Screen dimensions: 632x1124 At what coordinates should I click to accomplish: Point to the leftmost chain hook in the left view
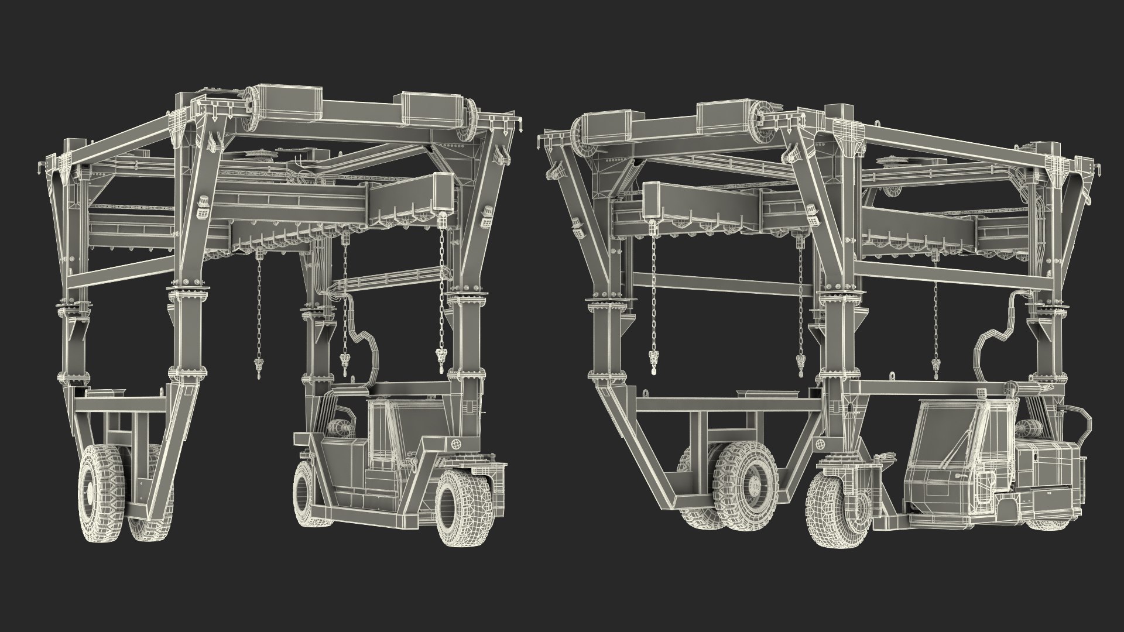[x=258, y=369]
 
